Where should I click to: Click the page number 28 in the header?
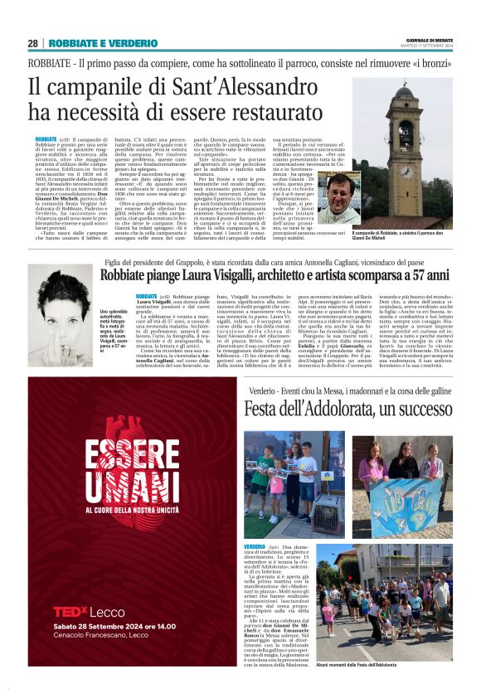tap(32, 43)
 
